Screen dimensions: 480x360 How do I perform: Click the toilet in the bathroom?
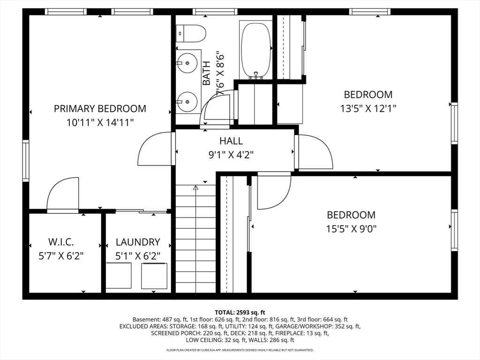click(191, 34)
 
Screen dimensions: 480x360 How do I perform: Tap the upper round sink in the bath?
click(187, 63)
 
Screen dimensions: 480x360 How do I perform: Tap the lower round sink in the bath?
click(187, 102)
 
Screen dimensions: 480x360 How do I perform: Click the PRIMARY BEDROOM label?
click(100, 109)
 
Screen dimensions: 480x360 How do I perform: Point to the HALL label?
click(231, 141)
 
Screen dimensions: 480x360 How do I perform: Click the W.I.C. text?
click(61, 242)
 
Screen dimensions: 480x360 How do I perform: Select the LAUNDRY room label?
click(138, 242)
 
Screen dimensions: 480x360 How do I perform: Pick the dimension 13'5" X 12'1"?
click(368, 108)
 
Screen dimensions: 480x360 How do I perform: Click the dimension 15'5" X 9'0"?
click(351, 229)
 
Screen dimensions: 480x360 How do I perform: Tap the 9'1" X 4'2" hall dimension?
click(231, 155)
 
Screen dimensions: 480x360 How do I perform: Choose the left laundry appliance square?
click(119, 276)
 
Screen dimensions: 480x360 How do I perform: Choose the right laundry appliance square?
click(154, 276)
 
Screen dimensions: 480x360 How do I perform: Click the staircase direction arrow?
click(196, 239)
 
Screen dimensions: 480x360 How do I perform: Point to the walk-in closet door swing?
click(63, 195)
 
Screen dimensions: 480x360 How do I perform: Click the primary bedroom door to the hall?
click(156, 149)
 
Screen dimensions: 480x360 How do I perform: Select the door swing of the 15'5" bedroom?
click(274, 190)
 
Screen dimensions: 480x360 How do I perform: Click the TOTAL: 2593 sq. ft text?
click(240, 313)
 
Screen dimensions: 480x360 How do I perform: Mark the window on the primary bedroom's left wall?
click(26, 161)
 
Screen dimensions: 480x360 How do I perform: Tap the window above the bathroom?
click(215, 12)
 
